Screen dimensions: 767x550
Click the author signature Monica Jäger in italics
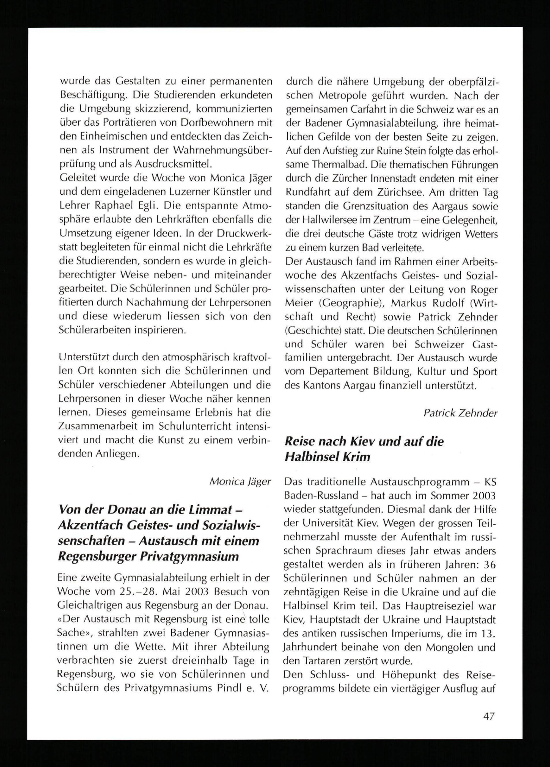[x=240, y=481]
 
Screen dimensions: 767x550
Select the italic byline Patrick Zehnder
[x=460, y=413]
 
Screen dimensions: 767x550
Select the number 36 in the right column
[x=489, y=565]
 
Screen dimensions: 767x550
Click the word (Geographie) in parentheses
[x=350, y=303]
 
